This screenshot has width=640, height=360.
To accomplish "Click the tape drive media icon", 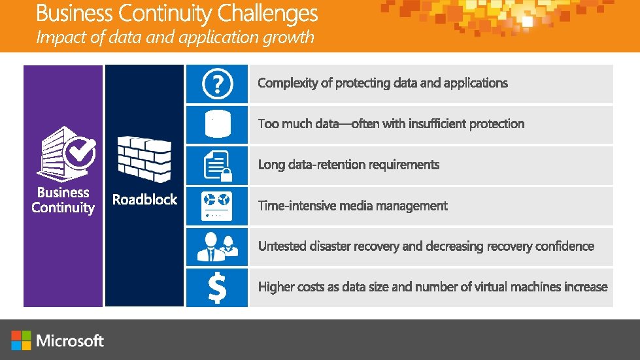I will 217,206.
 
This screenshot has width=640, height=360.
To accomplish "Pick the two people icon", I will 217,247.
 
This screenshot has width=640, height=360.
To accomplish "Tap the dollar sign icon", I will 217,287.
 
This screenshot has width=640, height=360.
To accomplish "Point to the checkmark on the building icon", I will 82,153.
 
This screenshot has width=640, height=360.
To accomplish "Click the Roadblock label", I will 144,199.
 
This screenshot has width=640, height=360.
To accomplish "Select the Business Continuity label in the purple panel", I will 63,201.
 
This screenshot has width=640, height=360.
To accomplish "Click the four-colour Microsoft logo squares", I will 21,340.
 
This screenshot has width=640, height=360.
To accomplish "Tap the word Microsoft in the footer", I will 71,340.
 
